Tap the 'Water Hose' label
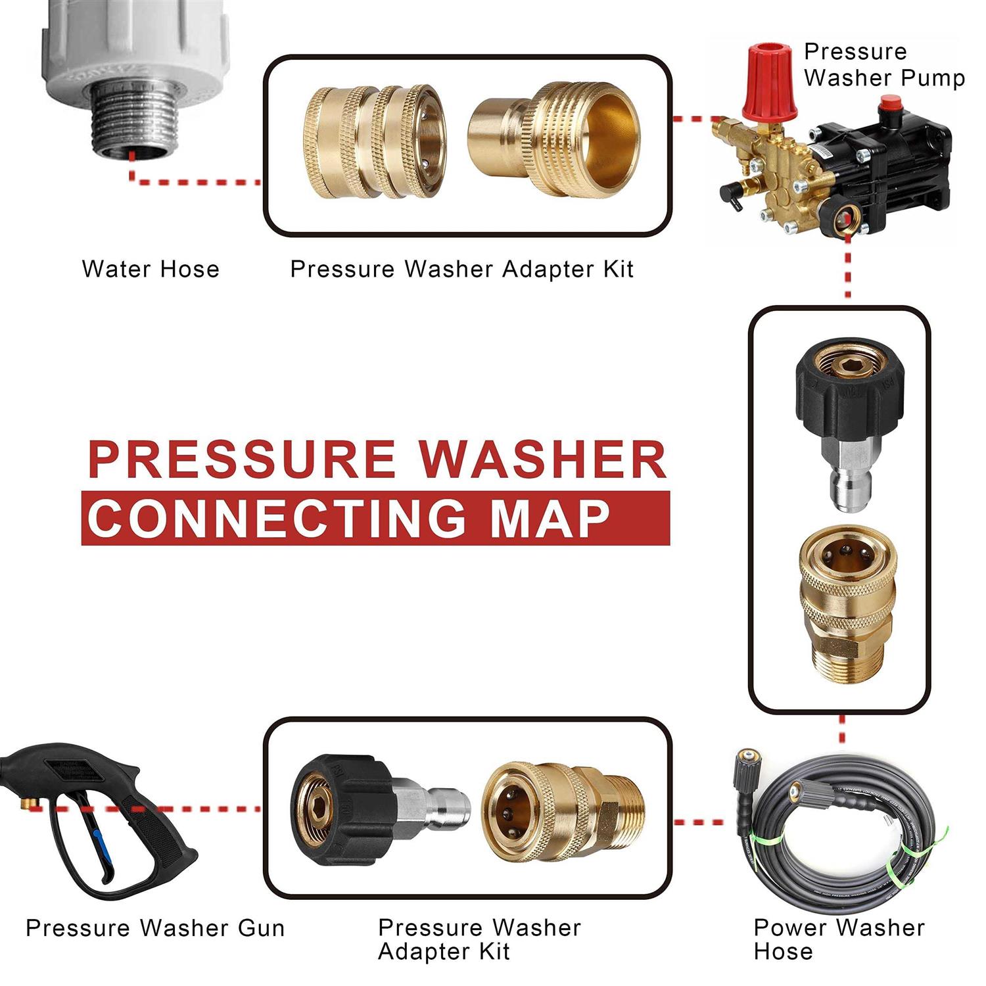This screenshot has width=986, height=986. coord(151,269)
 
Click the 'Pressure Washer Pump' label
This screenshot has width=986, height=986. coord(883,64)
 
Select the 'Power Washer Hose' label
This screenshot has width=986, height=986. coord(838,939)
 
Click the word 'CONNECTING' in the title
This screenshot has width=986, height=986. coord(277,519)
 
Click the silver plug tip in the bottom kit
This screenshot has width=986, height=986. coord(447,808)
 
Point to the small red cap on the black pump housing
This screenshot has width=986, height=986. coord(890,105)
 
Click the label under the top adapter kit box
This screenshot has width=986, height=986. coord(461,269)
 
